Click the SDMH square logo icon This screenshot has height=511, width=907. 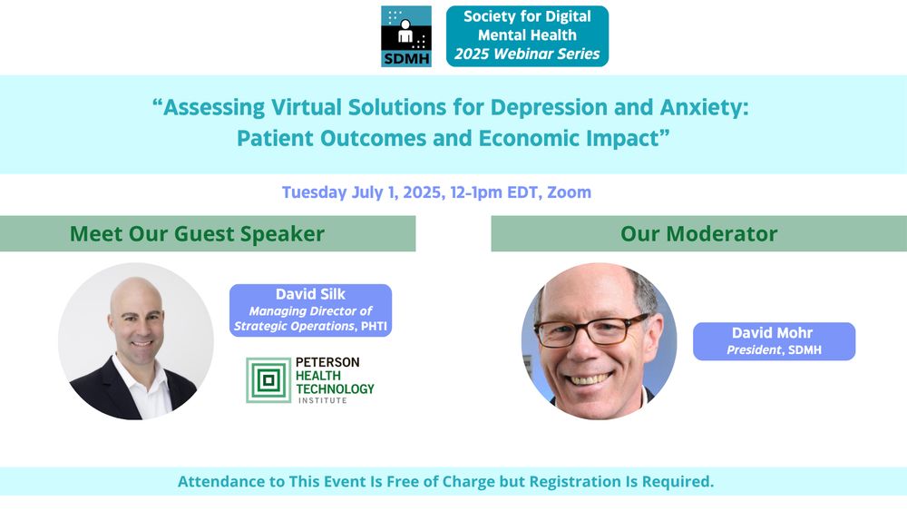[x=406, y=36]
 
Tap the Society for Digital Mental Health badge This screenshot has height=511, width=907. [x=527, y=36]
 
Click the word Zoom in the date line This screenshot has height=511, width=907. [x=570, y=192]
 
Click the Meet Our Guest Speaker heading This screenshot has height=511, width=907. [x=197, y=234]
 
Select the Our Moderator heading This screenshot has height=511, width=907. [x=698, y=234]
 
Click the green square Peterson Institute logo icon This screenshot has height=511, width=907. [x=268, y=380]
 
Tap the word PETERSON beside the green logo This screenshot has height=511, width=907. [x=327, y=362]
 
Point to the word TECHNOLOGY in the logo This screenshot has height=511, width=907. [x=335, y=388]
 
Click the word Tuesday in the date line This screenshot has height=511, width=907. [x=314, y=192]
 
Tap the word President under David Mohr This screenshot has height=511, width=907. [x=754, y=350]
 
